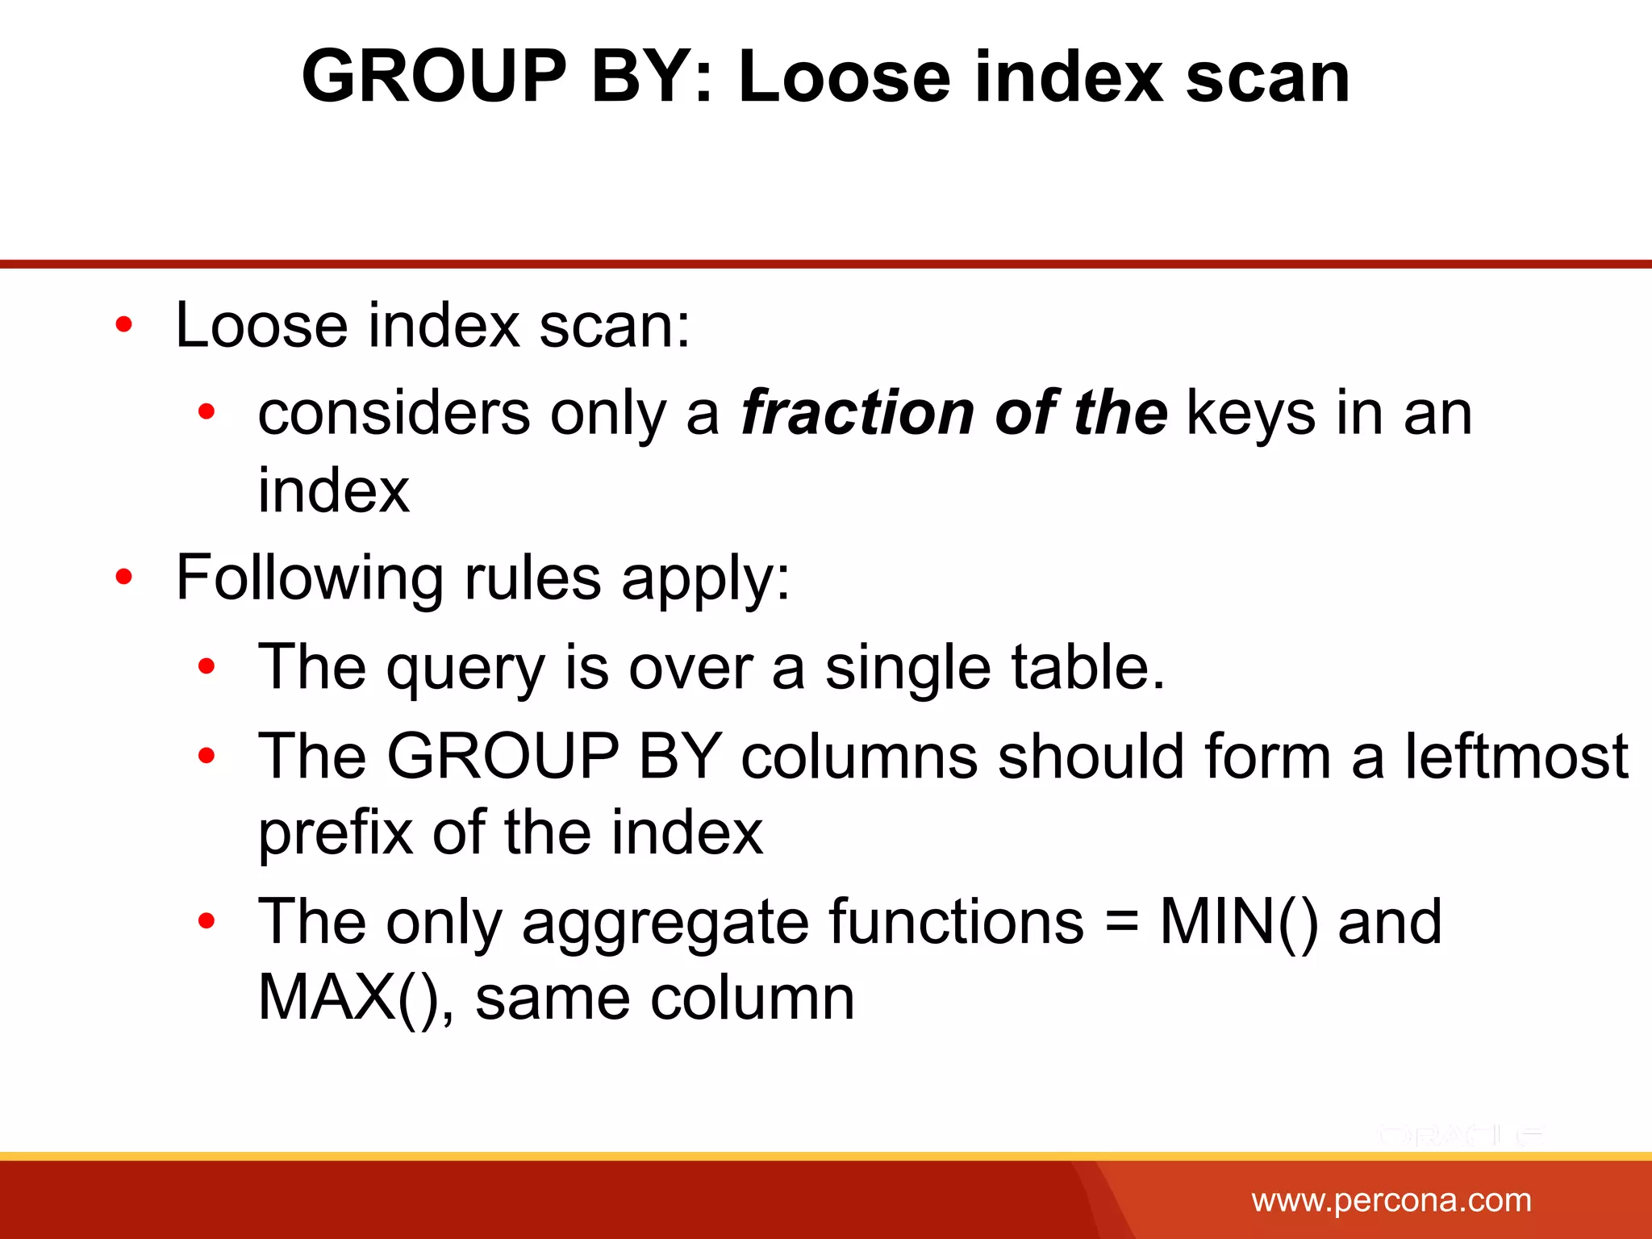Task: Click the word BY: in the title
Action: click(653, 77)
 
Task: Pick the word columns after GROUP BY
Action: click(858, 757)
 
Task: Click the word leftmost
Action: click(1516, 757)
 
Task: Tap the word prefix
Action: click(336, 833)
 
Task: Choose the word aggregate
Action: click(665, 924)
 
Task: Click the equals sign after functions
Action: click(1121, 922)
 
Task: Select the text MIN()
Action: click(1238, 922)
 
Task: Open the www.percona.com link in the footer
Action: click(1391, 1201)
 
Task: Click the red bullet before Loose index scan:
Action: click(123, 325)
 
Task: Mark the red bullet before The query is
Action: click(206, 667)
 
